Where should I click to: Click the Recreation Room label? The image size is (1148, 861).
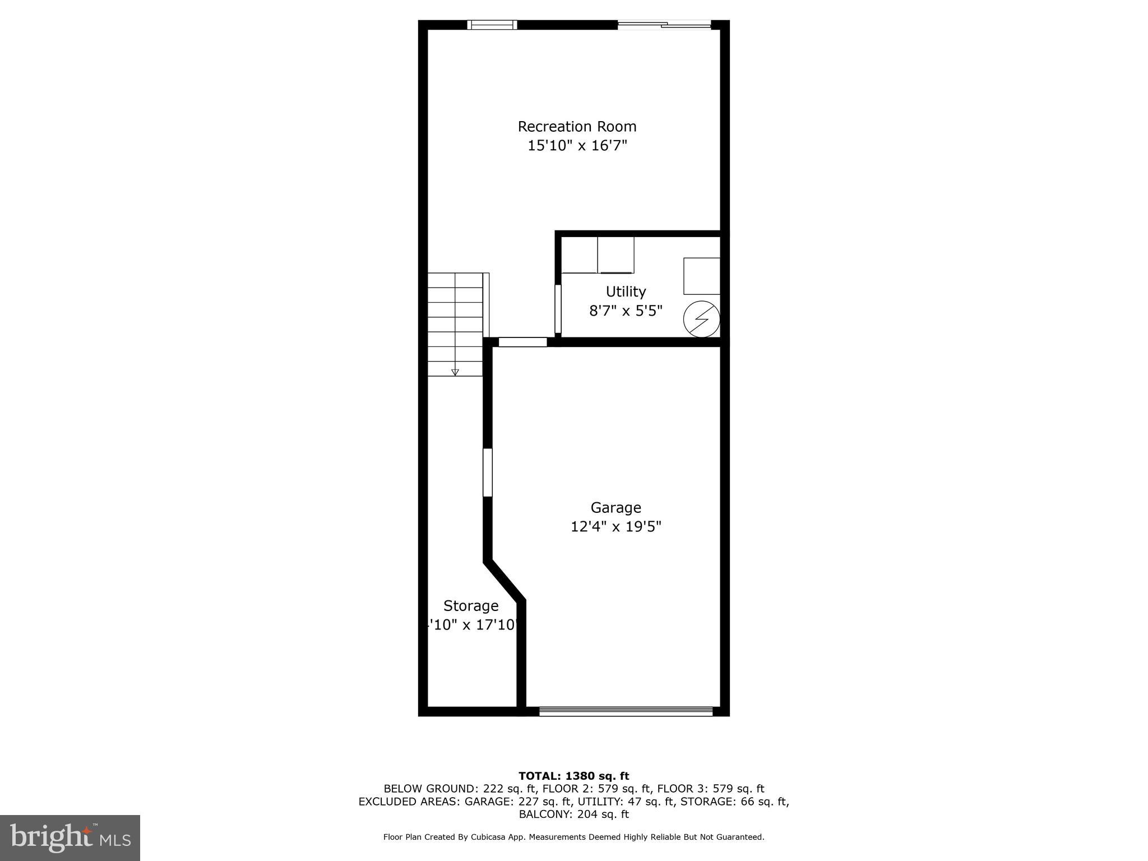pos(577,127)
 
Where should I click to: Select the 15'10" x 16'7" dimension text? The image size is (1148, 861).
pos(577,146)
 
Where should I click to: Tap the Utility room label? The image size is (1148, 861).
pos(626,291)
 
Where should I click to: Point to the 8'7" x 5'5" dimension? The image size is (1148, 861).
pos(626,311)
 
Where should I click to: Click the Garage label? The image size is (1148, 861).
pos(615,508)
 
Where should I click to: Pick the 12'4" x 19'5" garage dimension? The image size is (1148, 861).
pos(615,527)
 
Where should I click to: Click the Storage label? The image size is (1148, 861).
pos(471,606)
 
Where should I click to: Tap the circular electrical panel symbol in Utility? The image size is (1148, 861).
pos(701,320)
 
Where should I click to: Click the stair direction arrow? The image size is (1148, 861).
pos(455,372)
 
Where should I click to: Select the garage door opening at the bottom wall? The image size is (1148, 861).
pos(626,711)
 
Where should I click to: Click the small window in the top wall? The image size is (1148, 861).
pos(492,25)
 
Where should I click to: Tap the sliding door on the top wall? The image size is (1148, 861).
pos(664,25)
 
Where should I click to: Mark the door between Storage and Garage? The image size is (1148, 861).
pos(488,472)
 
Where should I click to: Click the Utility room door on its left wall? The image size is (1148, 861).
pos(558,309)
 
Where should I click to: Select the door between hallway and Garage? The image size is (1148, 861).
pos(522,342)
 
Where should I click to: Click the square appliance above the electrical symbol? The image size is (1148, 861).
pos(701,276)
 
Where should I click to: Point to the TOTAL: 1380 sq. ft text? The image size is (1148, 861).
pos(573,776)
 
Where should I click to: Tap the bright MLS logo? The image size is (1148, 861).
pos(70,837)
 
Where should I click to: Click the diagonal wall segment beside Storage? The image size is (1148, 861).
pos(504,580)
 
